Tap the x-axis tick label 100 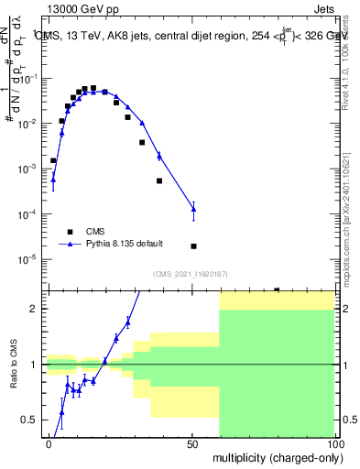tap(336, 442)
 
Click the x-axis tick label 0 tap(49, 442)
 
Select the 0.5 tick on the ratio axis tap(32, 420)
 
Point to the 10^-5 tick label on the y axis tap(27, 259)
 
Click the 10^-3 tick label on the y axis tap(27, 169)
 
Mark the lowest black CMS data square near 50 tap(193, 246)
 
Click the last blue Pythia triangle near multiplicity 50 tap(193, 210)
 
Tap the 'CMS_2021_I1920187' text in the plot tap(191, 274)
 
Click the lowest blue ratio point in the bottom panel tap(61, 412)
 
